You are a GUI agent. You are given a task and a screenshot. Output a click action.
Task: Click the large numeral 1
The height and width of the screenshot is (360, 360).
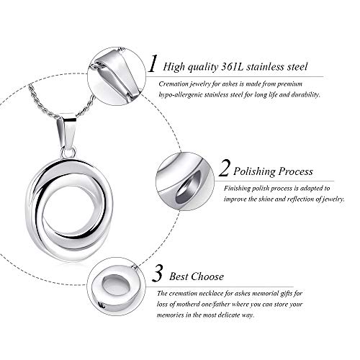point(152,66)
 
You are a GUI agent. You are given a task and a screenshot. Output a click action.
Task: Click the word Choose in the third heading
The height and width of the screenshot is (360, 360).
point(208,276)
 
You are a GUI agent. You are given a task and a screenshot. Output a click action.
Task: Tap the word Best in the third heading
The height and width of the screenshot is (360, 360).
point(178,276)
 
